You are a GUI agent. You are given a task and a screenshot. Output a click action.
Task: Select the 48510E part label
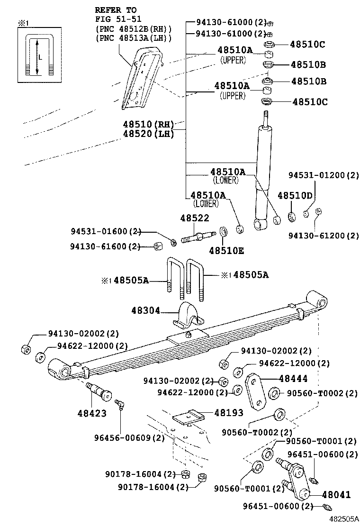point(226,251)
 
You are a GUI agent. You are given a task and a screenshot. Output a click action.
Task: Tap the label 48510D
point(295,196)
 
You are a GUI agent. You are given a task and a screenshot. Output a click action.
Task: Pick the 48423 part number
point(91,413)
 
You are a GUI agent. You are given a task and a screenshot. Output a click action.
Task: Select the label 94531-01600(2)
point(106,232)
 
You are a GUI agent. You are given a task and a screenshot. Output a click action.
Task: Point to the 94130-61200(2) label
point(324,236)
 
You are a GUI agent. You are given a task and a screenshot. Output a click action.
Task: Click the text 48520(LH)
point(148,134)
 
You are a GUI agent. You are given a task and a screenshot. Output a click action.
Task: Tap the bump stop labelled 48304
point(187,315)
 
